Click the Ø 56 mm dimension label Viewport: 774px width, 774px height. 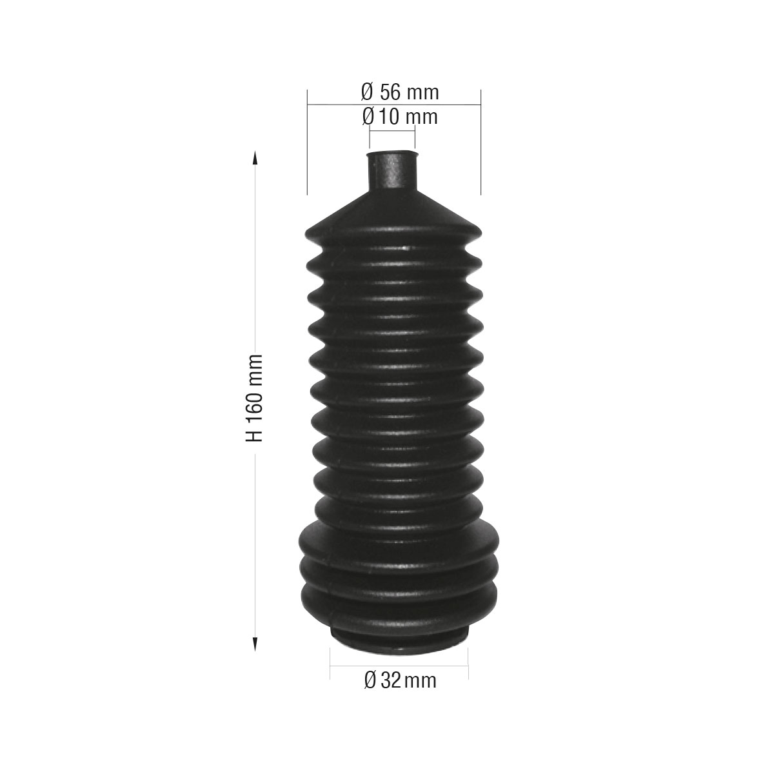(x=400, y=92)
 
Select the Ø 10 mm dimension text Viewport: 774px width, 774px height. (x=400, y=117)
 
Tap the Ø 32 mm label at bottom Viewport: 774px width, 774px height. (x=400, y=679)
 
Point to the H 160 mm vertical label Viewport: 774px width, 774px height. (x=255, y=397)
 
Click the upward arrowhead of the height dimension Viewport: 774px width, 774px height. (x=255, y=159)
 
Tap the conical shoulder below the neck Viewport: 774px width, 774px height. (x=393, y=210)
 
